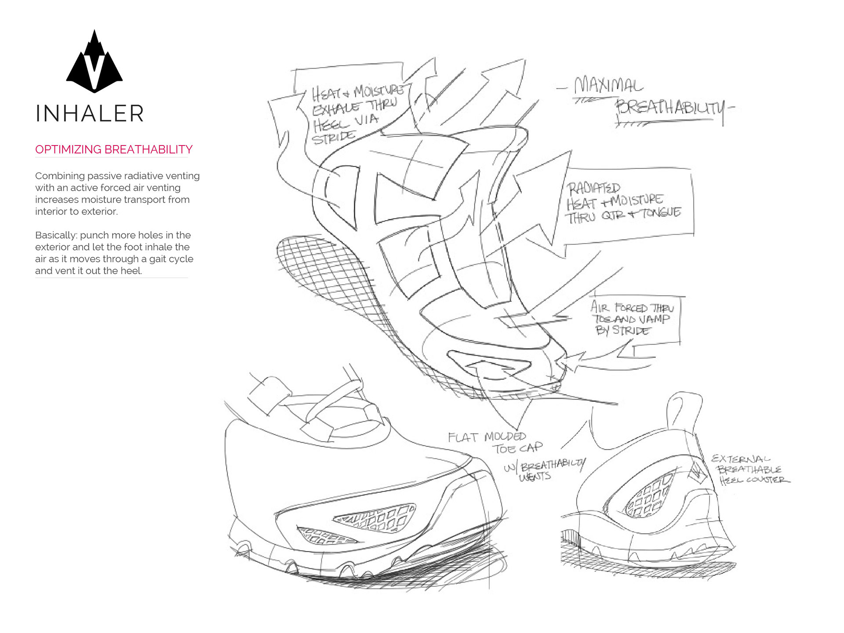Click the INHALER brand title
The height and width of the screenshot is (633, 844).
pyautogui.click(x=90, y=113)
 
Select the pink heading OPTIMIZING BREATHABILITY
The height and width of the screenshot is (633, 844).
pyautogui.click(x=114, y=149)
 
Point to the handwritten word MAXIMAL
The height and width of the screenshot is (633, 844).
pyautogui.click(x=609, y=85)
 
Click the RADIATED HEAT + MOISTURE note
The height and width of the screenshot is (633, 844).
pyautogui.click(x=622, y=203)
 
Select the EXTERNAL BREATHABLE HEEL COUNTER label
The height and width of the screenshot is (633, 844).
pyautogui.click(x=749, y=469)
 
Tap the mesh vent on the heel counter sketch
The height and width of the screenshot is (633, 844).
pyautogui.click(x=648, y=496)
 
